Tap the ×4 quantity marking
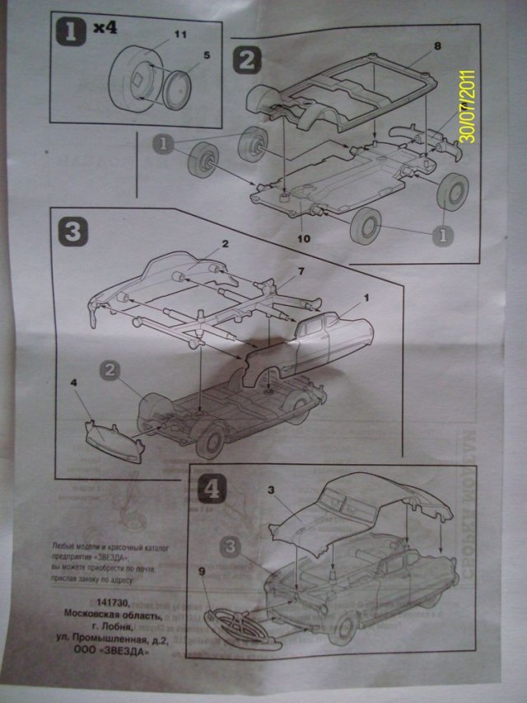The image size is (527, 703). tap(105, 28)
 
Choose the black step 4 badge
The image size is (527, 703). tap(211, 488)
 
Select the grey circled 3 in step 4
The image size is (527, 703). tap(231, 546)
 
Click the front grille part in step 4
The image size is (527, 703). tap(242, 630)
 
